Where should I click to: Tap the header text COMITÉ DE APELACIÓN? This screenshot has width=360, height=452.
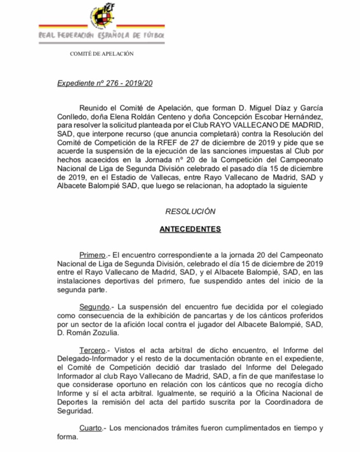coord(102,54)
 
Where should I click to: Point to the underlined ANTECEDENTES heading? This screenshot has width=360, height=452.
coord(190,229)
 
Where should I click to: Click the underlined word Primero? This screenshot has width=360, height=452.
coord(92,256)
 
